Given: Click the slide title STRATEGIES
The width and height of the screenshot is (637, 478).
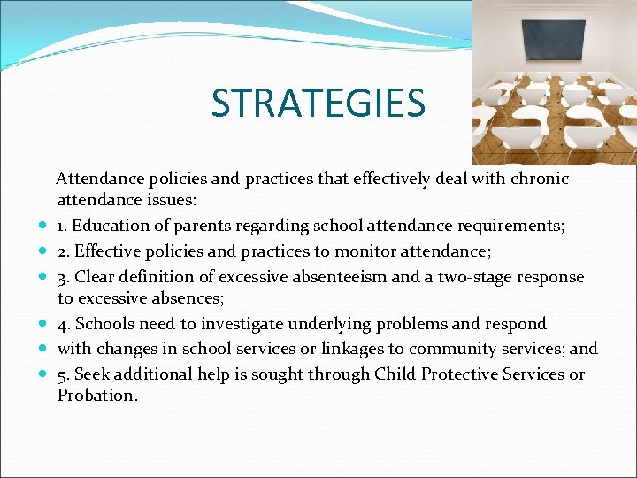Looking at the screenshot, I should click(318, 103).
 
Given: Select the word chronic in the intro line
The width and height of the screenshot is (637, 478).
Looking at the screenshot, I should click(537, 179).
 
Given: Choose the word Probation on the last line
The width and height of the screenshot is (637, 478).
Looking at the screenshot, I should click(96, 396).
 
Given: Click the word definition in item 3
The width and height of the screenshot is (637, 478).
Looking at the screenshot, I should click(161, 277).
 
